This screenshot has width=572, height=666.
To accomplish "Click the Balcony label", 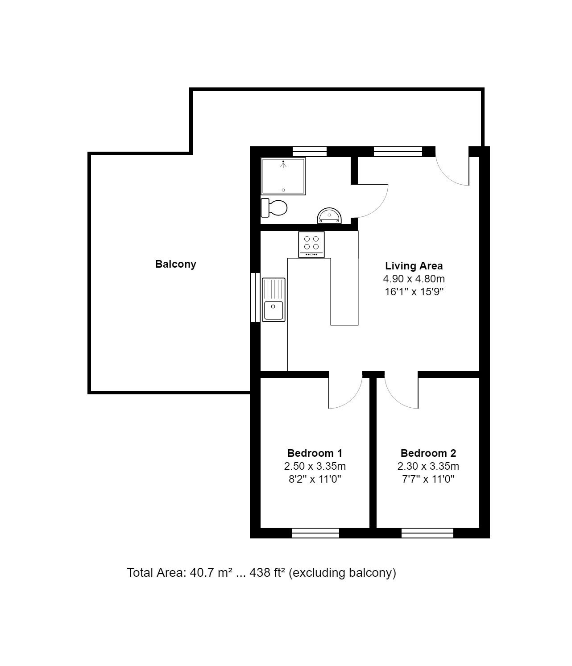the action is pyautogui.click(x=176, y=264).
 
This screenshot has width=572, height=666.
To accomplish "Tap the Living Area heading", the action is pyautogui.click(x=414, y=266).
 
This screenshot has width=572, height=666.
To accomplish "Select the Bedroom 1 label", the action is pyautogui.click(x=315, y=453).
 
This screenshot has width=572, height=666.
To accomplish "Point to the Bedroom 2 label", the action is pyautogui.click(x=428, y=453).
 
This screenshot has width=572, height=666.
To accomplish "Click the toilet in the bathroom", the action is pyautogui.click(x=274, y=208).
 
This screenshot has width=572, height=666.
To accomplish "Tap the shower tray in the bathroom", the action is pyautogui.click(x=283, y=176).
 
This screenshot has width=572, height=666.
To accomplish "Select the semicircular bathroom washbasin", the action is pyautogui.click(x=329, y=215).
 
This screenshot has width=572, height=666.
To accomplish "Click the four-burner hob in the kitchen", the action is pyautogui.click(x=311, y=244).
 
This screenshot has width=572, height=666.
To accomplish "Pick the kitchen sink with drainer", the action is pyautogui.click(x=274, y=300).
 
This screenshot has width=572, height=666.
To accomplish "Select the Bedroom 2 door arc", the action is pyautogui.click(x=394, y=400).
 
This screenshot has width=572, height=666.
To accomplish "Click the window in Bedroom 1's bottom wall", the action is pyautogui.click(x=315, y=533).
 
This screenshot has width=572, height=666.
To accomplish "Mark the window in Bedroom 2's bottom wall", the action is pyautogui.click(x=427, y=533).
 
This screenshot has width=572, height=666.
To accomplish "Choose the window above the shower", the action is pyautogui.click(x=309, y=151).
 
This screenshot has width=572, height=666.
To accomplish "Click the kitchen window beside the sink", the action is pyautogui.click(x=255, y=297).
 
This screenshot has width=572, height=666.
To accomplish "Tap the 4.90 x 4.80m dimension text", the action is pyautogui.click(x=414, y=279).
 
